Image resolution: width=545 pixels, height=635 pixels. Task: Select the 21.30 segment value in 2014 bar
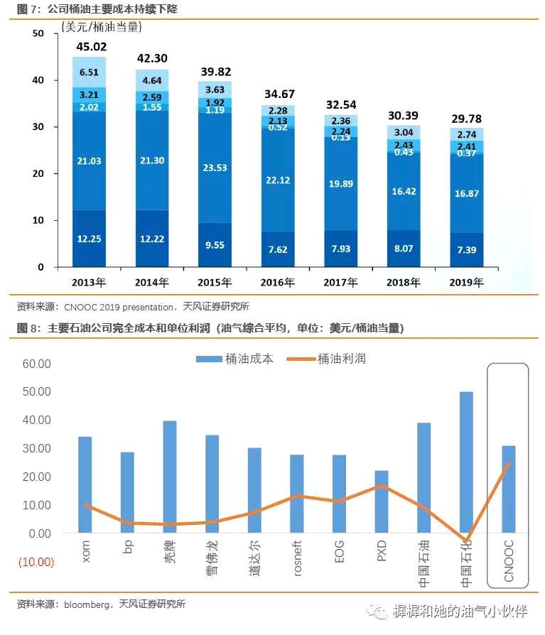tap(152, 161)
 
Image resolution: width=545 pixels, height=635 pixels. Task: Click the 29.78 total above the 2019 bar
tap(466, 119)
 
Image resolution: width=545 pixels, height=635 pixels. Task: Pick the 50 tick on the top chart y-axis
tap(38, 34)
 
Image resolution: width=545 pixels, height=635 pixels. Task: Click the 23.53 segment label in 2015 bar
tap(215, 168)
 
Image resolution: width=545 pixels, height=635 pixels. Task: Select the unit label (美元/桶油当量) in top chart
tap(101, 28)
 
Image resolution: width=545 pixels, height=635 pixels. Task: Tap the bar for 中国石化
tap(466, 462)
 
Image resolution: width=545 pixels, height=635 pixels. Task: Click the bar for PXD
tap(382, 501)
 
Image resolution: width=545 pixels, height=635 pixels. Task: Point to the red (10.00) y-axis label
tap(35, 562)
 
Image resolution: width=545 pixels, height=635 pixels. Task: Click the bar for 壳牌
tap(170, 477)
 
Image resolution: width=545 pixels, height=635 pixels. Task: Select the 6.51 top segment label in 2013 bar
tap(90, 72)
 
